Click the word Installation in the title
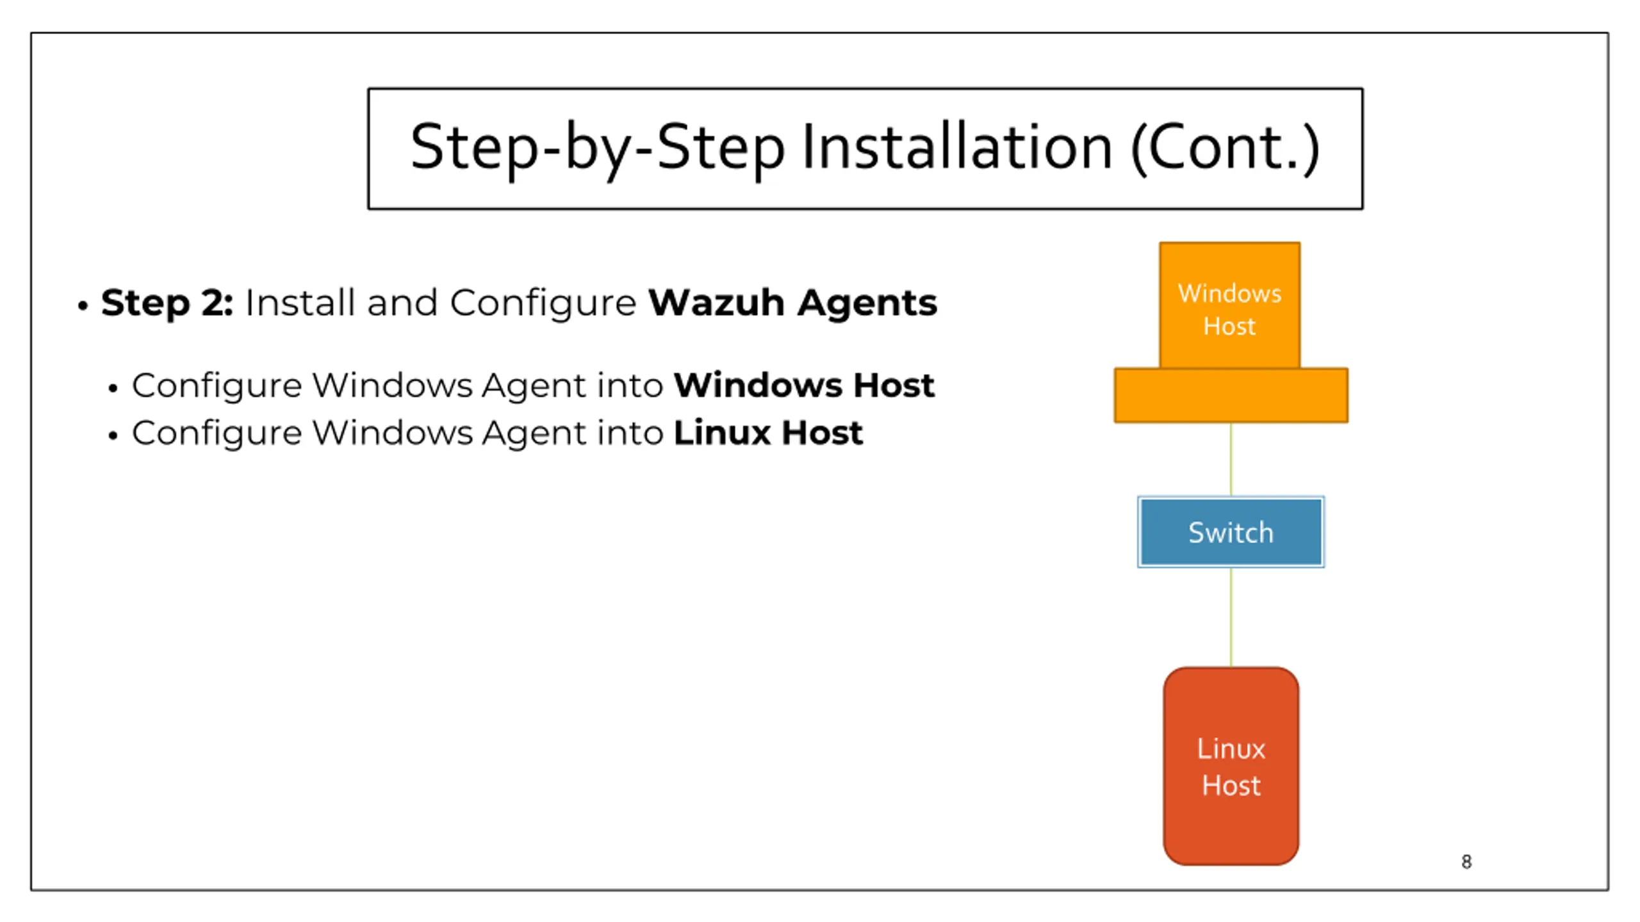956,148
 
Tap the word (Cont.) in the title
1226,149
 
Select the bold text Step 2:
167,302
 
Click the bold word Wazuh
716,302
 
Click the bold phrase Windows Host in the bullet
804,385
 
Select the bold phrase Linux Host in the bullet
768,432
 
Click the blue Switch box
1231,532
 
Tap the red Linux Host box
1231,766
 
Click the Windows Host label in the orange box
1229,310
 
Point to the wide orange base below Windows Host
1231,395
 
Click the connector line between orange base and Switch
1231,459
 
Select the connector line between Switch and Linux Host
1231,617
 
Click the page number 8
1466,862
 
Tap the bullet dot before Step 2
82,306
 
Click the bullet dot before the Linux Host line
113,436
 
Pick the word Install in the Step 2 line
300,302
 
